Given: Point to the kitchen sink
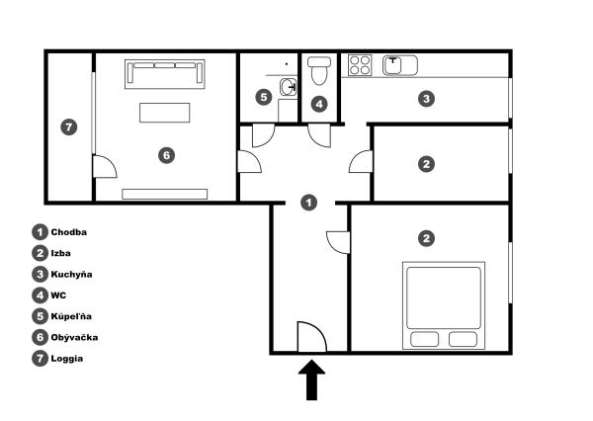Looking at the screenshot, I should [399, 65].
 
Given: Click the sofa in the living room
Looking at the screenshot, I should [165, 73].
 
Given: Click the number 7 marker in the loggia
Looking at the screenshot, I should [67, 126].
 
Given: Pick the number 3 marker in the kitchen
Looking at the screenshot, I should [425, 99].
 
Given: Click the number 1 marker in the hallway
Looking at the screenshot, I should [309, 203].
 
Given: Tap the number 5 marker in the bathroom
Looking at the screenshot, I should [262, 97].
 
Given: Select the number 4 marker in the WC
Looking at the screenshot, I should [318, 104].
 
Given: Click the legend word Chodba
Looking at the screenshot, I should [69, 231].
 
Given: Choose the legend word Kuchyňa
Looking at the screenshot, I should [73, 274].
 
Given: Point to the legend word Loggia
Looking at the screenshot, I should [67, 359].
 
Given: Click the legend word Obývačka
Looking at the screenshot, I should [75, 337].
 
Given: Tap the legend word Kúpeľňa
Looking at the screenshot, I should [73, 316].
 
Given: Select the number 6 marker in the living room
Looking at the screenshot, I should [166, 155].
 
